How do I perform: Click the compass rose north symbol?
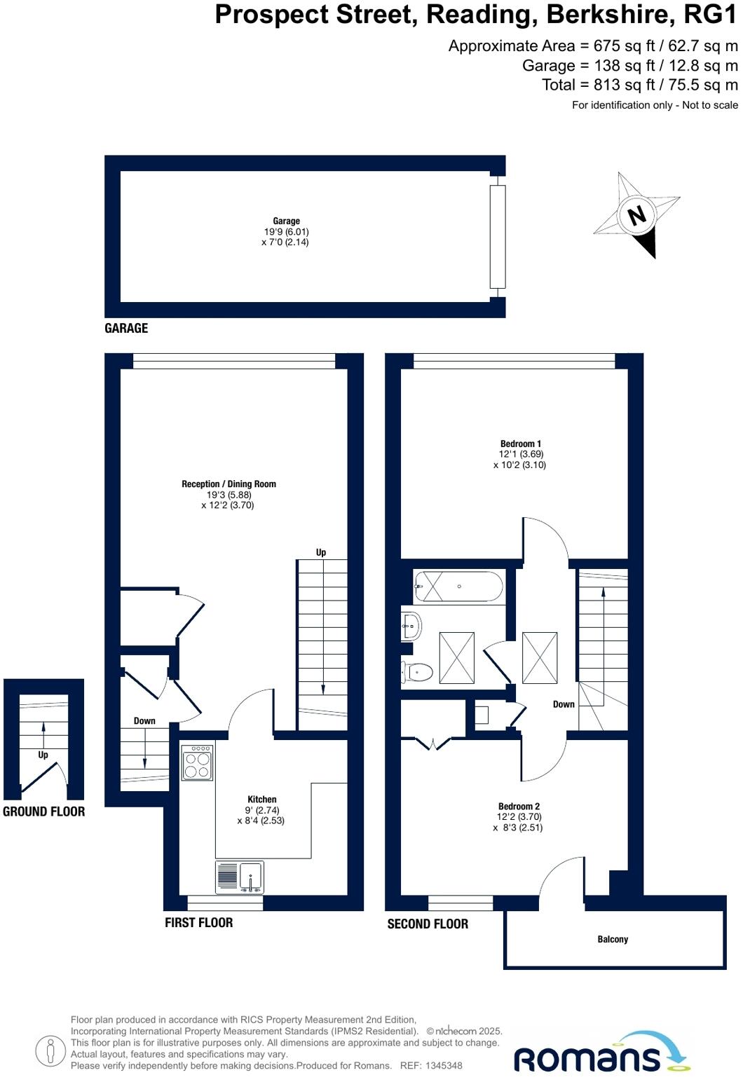pyautogui.click(x=636, y=214)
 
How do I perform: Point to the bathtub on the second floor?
pyautogui.click(x=458, y=587)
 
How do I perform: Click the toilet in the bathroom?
pyautogui.click(x=416, y=672)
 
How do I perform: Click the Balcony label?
pyautogui.click(x=613, y=939)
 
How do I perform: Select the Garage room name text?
pyautogui.click(x=286, y=221)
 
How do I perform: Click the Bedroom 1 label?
pyautogui.click(x=520, y=444)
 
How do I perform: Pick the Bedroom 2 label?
pyautogui.click(x=519, y=807)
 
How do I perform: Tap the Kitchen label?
pyautogui.click(x=261, y=800)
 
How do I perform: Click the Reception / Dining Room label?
pyautogui.click(x=229, y=484)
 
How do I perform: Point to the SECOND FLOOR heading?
pyautogui.click(x=428, y=924)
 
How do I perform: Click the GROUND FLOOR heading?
pyautogui.click(x=43, y=811)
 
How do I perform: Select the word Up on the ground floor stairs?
pyautogui.click(x=43, y=755)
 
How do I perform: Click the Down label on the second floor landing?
pyautogui.click(x=563, y=704)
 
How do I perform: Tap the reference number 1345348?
pyautogui.click(x=441, y=1066)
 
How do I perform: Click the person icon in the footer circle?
pyautogui.click(x=50, y=1051)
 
